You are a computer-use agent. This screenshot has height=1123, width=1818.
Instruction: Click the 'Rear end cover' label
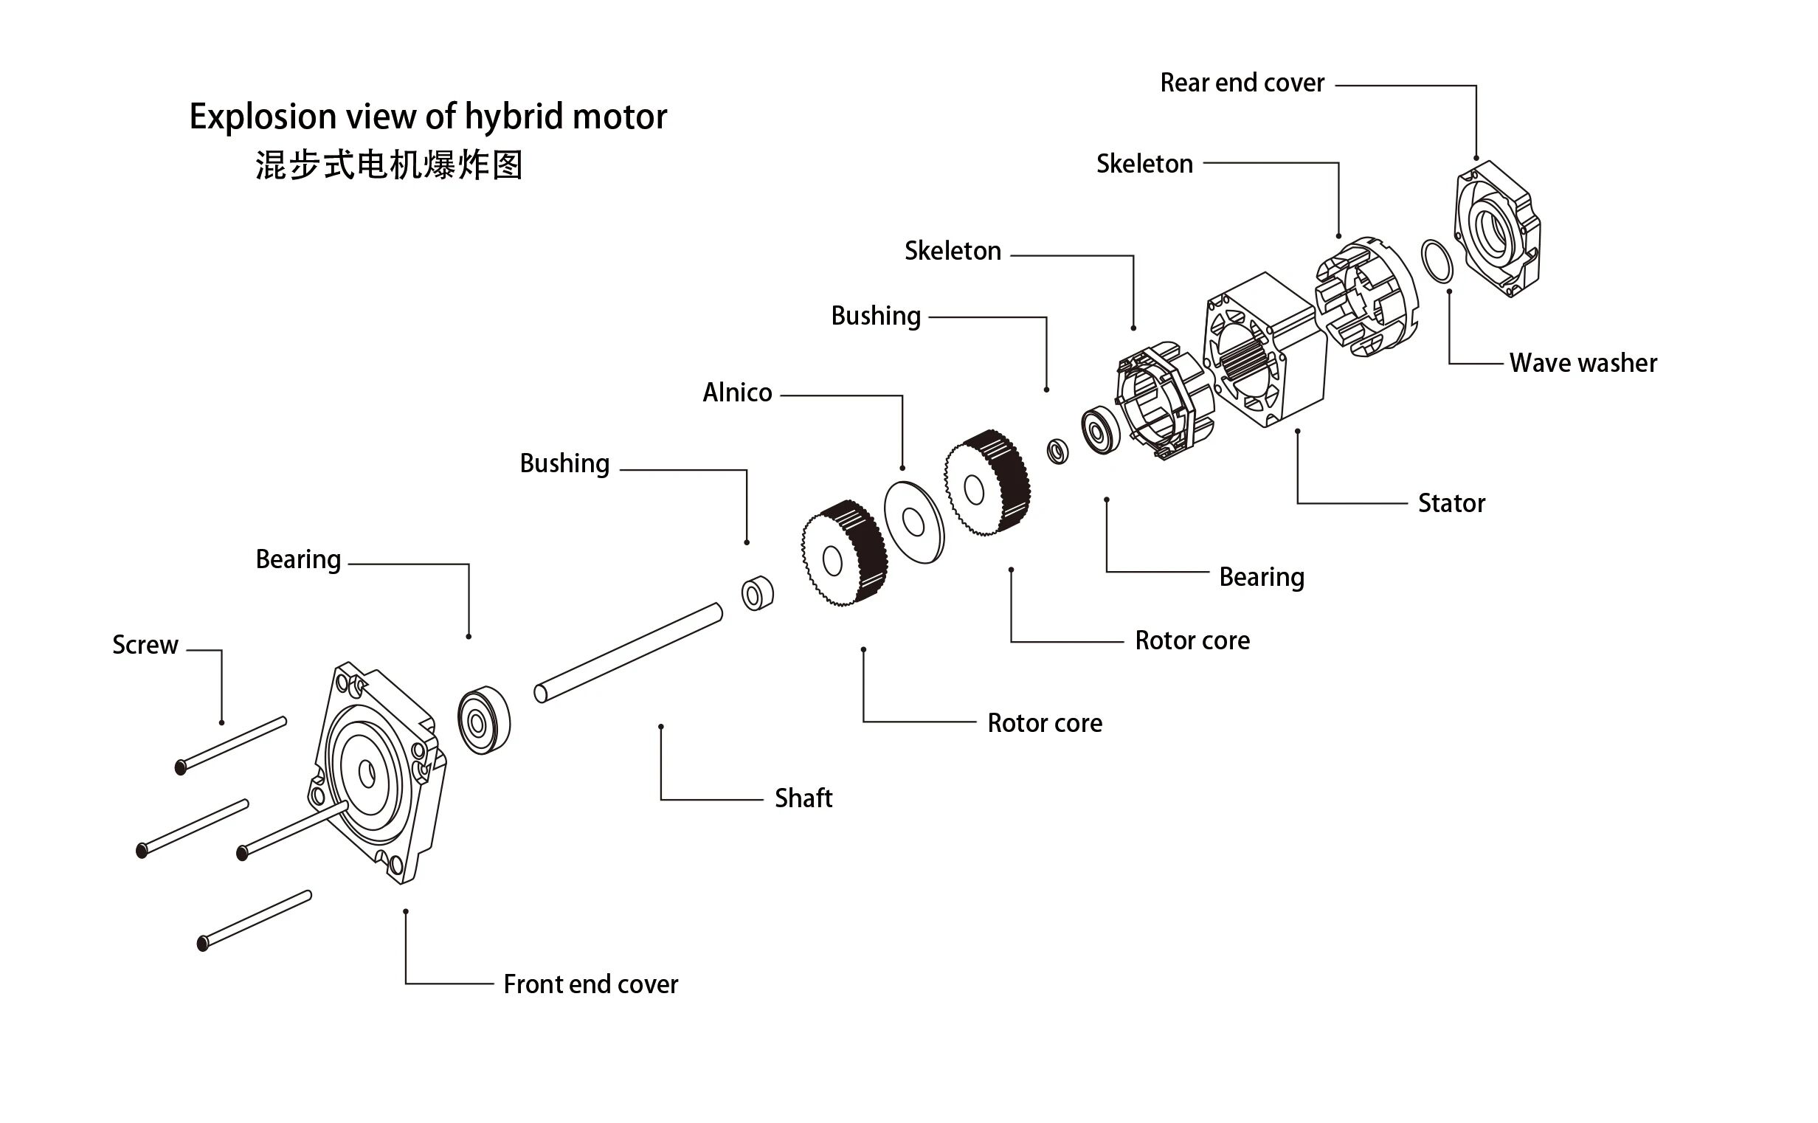click(1242, 83)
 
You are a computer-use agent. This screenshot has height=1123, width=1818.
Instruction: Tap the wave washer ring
click(1437, 260)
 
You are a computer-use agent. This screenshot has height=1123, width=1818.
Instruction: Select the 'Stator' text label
click(1451, 503)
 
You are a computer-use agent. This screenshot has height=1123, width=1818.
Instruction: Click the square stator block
click(1262, 349)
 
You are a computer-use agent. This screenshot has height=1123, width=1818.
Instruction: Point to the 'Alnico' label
click(736, 392)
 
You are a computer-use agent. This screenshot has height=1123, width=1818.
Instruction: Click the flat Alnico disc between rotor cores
click(914, 522)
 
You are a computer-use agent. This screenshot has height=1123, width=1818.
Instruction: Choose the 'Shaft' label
click(803, 798)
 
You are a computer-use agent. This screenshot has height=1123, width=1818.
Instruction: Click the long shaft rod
click(628, 653)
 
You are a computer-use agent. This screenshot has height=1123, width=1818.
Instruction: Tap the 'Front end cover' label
click(590, 985)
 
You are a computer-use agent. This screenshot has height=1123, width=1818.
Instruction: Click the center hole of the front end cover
click(367, 774)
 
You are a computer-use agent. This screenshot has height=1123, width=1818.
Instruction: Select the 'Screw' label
click(145, 645)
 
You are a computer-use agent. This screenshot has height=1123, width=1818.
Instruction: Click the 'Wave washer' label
click(1583, 363)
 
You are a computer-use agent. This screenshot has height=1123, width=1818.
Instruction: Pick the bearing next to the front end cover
click(483, 720)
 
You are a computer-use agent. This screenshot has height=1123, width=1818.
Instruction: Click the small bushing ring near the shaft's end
click(757, 593)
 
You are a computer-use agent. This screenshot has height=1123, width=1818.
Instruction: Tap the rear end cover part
click(1496, 230)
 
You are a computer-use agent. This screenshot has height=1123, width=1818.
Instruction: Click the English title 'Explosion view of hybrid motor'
click(428, 117)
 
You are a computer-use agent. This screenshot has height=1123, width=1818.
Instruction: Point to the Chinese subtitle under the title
click(388, 165)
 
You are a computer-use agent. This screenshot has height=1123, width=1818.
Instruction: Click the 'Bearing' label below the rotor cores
click(1261, 577)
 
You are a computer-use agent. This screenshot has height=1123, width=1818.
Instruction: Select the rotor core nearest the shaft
click(843, 553)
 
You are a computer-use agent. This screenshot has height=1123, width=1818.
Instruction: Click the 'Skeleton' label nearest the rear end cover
click(1144, 163)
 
